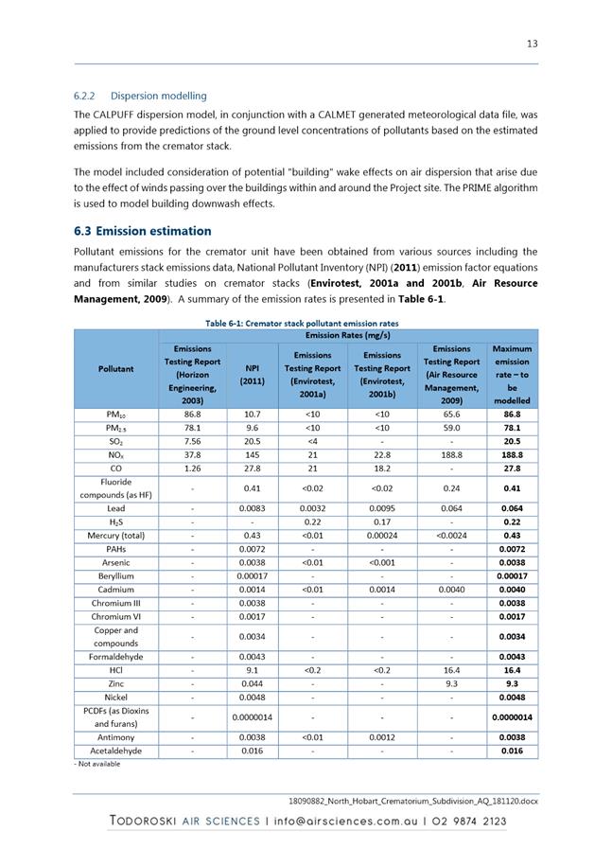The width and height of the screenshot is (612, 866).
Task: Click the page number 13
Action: pyautogui.click(x=533, y=44)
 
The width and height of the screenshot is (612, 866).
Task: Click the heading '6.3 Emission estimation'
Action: pyautogui.click(x=142, y=231)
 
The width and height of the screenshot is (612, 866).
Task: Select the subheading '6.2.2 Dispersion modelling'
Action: pyautogui.click(x=140, y=96)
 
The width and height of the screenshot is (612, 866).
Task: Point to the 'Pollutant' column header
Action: pyautogui.click(x=114, y=368)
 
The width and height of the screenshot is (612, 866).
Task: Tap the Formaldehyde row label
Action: pyautogui.click(x=115, y=656)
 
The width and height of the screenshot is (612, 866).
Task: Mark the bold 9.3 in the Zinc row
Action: pyautogui.click(x=512, y=682)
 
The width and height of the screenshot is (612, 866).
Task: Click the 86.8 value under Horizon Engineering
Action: pyautogui.click(x=192, y=415)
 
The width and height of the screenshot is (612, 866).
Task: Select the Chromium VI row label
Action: pyautogui.click(x=115, y=615)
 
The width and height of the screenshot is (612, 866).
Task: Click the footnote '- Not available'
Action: pyautogui.click(x=97, y=763)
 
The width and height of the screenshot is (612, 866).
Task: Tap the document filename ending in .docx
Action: pyautogui.click(x=412, y=800)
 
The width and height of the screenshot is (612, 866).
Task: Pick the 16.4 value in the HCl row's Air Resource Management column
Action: pyautogui.click(x=451, y=669)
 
